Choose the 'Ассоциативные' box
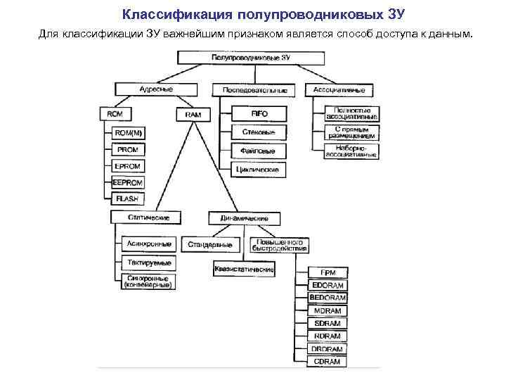coord(339,90)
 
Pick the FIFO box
coord(259,113)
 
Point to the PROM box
coord(128,149)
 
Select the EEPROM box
coord(127,183)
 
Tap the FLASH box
coord(128,199)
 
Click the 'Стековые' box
coord(259,132)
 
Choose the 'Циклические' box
coord(259,170)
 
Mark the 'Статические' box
coord(143,217)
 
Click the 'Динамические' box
coord(243,218)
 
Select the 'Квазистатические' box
coord(244,269)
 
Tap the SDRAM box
coord(327,323)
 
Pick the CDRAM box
coord(327,361)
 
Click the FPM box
coord(327,272)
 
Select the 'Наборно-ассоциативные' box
coord(351,151)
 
